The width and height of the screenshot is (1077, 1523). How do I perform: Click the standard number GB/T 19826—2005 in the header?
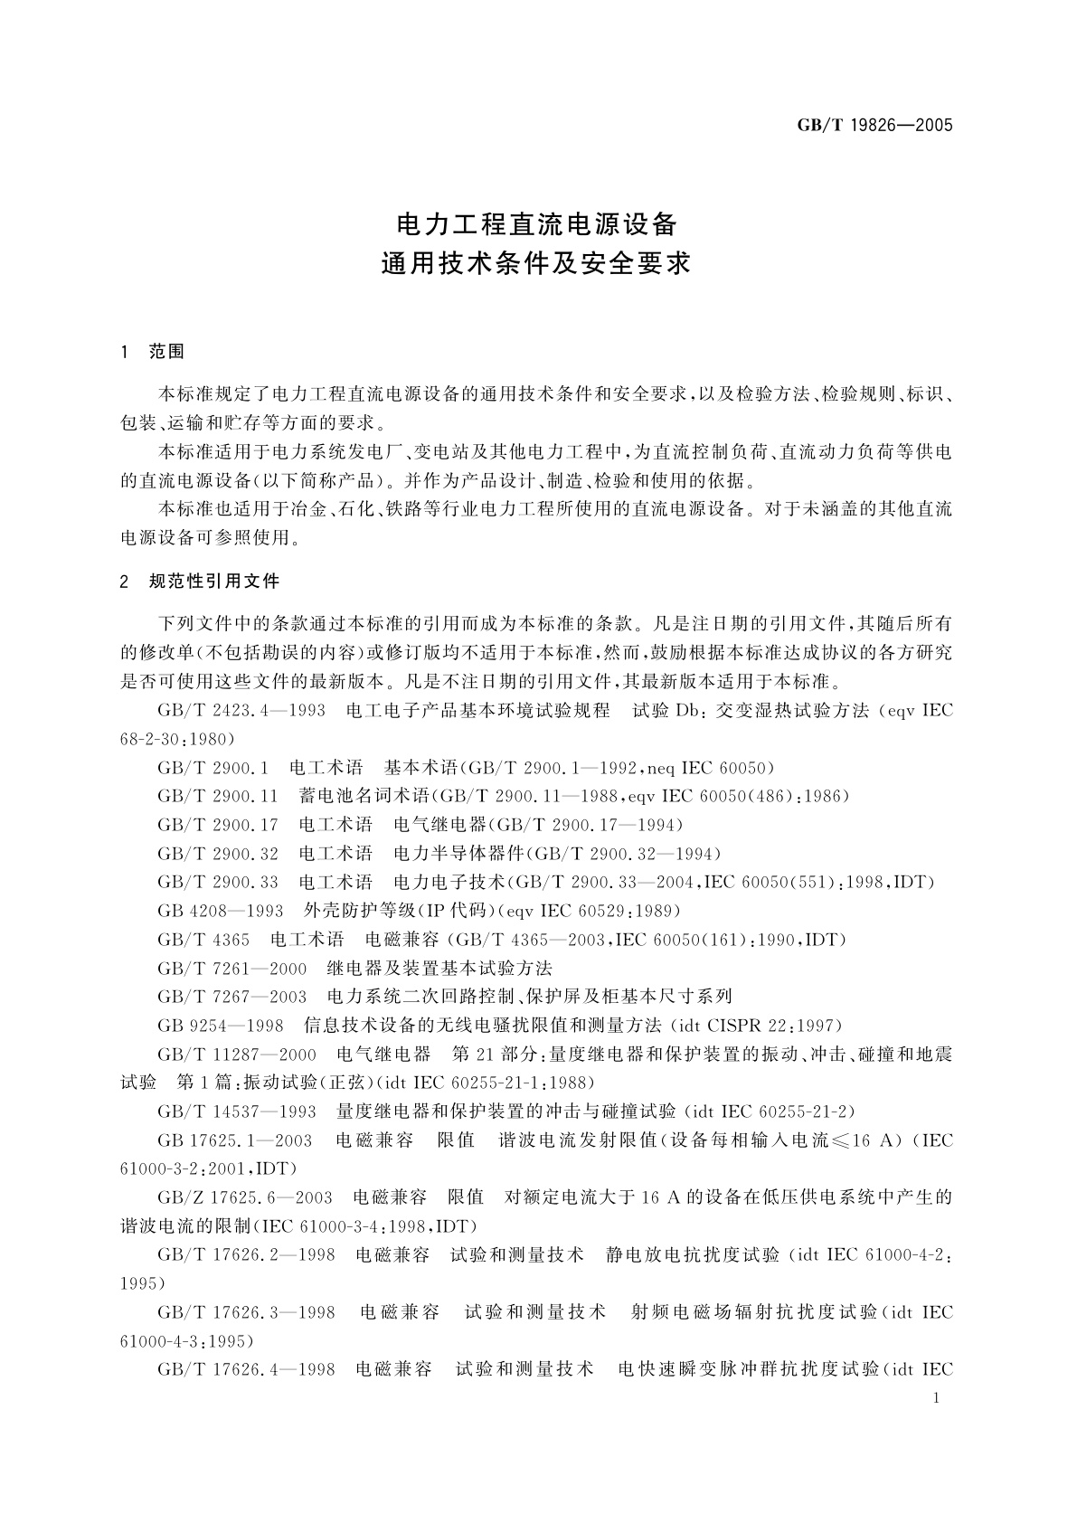tap(874, 126)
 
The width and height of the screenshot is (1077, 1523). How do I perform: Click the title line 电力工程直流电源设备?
tap(537, 222)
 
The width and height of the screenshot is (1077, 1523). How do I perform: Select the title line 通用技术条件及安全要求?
tap(537, 264)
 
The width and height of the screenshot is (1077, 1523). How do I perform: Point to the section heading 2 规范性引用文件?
tap(200, 581)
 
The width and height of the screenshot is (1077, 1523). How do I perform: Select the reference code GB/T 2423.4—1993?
tap(241, 711)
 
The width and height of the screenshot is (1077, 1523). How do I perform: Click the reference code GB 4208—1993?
tap(220, 911)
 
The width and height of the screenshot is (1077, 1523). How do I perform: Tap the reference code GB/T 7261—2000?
tap(232, 968)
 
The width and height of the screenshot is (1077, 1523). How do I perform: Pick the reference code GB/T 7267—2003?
tap(232, 997)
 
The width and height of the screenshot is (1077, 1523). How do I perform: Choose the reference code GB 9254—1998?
tap(220, 1026)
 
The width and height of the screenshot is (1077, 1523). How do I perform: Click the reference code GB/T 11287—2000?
tap(237, 1055)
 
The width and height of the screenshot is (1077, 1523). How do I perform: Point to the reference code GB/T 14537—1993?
tap(237, 1112)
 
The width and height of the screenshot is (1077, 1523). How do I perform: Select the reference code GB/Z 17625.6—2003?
tap(244, 1197)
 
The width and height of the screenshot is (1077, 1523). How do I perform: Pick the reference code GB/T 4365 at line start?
tap(203, 940)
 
